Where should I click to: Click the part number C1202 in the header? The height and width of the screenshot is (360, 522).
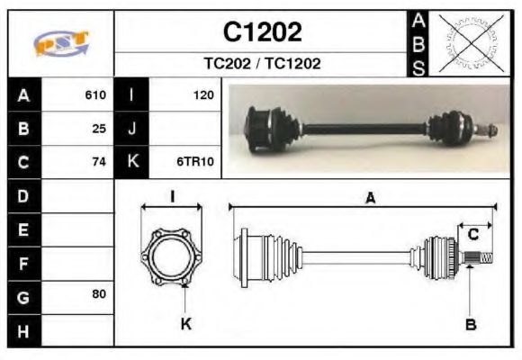coord(262,33)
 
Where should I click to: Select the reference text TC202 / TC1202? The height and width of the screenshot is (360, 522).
coord(261,64)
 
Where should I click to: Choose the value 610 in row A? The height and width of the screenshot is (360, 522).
coord(95,94)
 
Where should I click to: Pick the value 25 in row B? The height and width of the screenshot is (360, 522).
coord(99,128)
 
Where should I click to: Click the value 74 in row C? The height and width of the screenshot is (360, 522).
coord(99,162)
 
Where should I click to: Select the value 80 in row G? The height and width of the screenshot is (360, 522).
coord(99,294)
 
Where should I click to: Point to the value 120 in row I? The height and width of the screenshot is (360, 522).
coord(202,94)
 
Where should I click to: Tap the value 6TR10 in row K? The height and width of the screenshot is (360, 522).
coord(194,162)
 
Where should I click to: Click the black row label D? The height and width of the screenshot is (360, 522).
coord(23,195)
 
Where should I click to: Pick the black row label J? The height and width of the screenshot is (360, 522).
coord(132,128)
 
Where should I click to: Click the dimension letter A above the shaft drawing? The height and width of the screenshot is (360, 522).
coord(369,200)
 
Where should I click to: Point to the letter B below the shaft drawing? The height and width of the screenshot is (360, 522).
coord(471,324)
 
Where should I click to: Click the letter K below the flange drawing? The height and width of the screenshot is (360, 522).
coord(185,324)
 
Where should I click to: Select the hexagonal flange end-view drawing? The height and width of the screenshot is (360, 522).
coord(171,256)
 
